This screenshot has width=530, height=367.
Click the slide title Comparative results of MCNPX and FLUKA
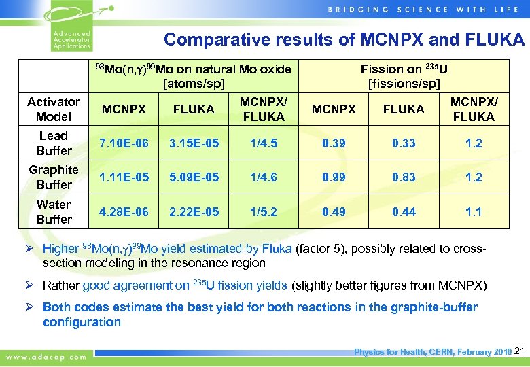click(344, 39)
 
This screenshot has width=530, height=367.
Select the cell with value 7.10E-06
click(124, 143)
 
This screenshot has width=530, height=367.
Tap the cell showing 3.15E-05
click(194, 143)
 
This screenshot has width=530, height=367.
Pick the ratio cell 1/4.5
click(264, 143)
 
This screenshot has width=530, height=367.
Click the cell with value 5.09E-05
click(194, 177)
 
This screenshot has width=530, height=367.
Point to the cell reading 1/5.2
click(264, 211)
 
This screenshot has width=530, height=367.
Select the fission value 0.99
click(334, 177)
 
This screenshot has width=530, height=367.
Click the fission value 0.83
click(404, 177)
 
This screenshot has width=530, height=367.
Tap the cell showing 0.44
click(404, 211)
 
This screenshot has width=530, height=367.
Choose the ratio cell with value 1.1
click(474, 211)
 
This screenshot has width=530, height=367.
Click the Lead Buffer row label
click(54, 143)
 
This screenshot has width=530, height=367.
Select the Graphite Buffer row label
click(54, 177)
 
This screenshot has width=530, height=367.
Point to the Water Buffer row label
click(54, 211)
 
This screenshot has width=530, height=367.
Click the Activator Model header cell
click(54, 109)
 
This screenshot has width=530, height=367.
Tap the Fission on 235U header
click(404, 76)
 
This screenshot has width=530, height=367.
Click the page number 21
click(520, 351)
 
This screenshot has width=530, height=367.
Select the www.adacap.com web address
click(47, 356)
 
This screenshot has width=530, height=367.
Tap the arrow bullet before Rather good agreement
click(34, 285)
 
